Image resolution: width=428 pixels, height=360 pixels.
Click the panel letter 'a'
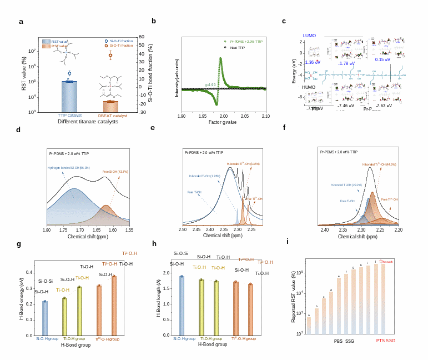21,22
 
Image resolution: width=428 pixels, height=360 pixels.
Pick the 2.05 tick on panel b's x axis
245,116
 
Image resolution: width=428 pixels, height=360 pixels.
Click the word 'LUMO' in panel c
309,36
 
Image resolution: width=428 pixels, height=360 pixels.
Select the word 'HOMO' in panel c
309,87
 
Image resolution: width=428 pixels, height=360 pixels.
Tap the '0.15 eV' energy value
382,59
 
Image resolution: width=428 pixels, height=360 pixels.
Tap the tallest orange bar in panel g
114,306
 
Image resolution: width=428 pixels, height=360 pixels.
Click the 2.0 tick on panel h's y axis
167,273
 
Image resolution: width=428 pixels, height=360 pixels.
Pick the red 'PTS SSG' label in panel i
386,341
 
